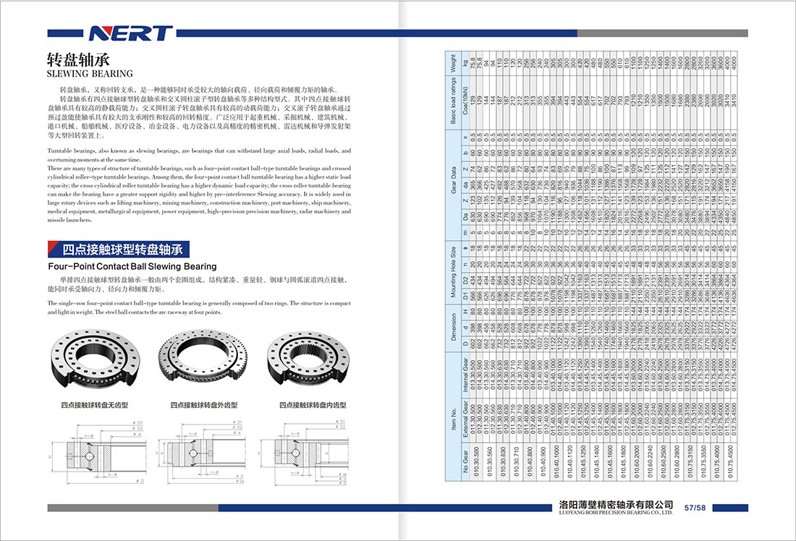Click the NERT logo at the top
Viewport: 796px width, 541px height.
[130, 33]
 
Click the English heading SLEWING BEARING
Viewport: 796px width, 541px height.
[90, 73]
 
